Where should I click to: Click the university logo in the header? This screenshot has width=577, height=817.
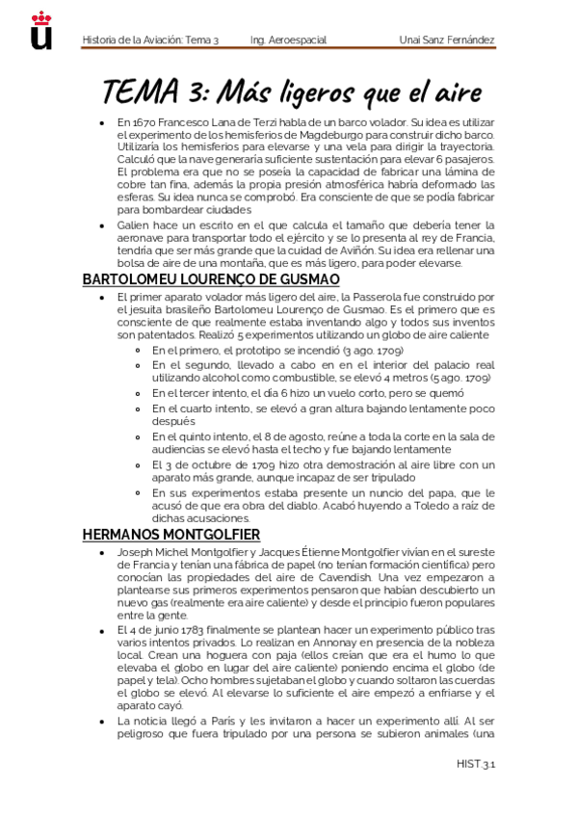[41, 30]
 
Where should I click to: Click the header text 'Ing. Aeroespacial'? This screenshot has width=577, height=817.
[288, 40]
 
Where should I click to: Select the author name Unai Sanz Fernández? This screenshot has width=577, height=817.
[447, 40]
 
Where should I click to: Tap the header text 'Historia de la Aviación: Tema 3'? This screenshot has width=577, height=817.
[151, 40]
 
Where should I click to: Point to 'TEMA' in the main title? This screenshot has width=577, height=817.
[139, 93]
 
